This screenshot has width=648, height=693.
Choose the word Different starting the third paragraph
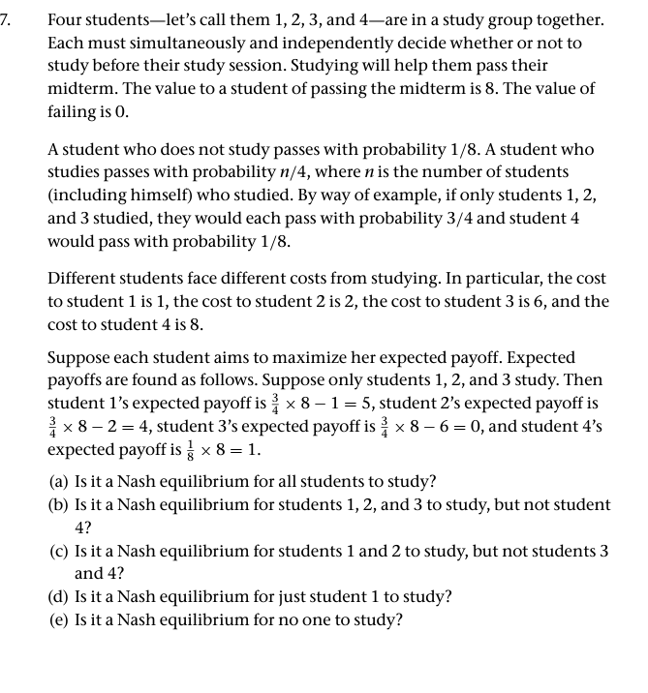[84, 278]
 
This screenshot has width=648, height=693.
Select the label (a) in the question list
[59, 481]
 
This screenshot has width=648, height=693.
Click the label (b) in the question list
[59, 504]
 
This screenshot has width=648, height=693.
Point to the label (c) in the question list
[59, 550]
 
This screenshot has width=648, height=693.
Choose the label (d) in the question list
[59, 595]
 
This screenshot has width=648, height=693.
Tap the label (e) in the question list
[59, 619]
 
